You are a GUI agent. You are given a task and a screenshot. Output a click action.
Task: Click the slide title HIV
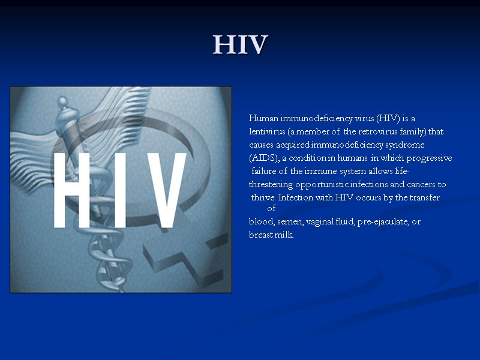click(240, 45)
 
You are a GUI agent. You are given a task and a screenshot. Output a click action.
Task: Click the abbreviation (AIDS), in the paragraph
click(263, 158)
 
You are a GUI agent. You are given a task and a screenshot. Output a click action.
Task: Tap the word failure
click(266, 172)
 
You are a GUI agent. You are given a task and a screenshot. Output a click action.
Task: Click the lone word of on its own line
click(271, 209)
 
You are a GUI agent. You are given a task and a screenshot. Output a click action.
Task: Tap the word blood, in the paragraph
click(262, 222)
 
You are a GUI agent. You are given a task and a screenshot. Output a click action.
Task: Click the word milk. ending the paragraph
click(284, 235)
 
